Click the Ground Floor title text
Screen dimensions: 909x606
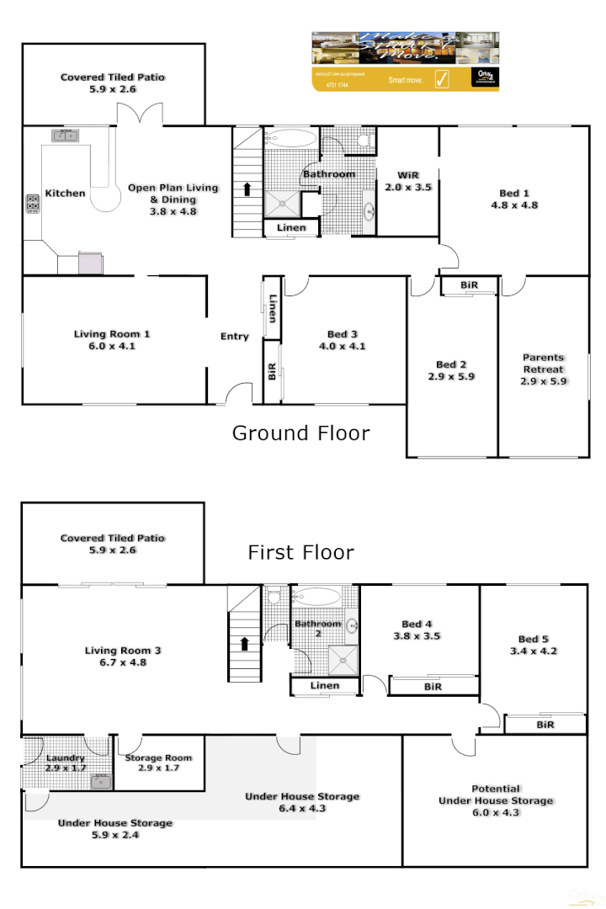coord(300,433)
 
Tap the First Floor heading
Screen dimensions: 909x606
coord(300,553)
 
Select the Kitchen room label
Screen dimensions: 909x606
coord(65,194)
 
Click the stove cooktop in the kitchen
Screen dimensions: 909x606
coord(33,204)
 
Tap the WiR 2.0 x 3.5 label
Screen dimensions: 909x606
coord(408,182)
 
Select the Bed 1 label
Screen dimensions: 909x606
coord(514,199)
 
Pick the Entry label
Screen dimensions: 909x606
coord(235,337)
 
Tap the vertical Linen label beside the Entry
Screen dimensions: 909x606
coord(272,308)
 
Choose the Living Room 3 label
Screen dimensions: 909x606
coord(122,656)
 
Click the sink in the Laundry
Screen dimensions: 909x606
coord(102,782)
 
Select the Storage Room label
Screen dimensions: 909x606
coord(158,763)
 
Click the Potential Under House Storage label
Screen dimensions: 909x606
coord(496,795)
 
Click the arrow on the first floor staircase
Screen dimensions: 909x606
coord(244,644)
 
